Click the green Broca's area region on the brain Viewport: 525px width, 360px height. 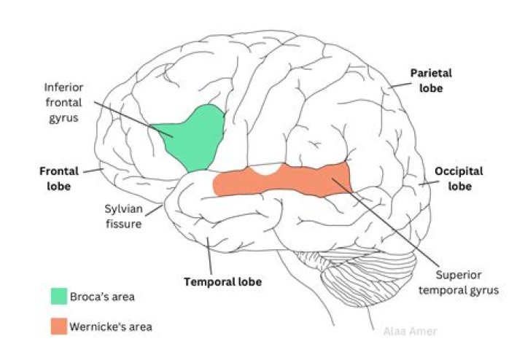tap(193, 138)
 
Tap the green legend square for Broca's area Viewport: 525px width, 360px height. tap(59, 297)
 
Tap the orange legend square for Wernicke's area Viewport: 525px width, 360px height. tap(59, 326)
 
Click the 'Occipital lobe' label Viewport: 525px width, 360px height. tap(459, 179)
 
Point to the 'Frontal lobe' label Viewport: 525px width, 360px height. tap(55, 179)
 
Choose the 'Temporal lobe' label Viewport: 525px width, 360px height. tap(222, 281)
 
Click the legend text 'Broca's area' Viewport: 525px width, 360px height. tap(103, 297)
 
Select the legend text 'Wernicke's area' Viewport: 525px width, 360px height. tap(112, 326)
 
